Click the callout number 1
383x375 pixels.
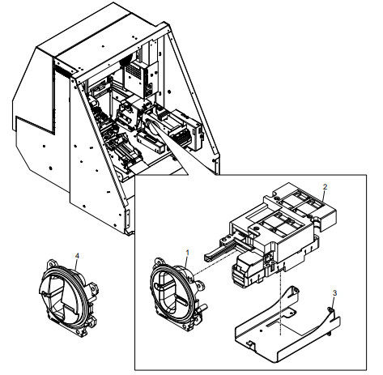[x=188, y=252]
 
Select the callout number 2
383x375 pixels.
[x=325, y=186]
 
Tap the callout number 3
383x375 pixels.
[x=334, y=292]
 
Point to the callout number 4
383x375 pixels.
[x=77, y=255]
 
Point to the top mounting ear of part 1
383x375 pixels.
[x=159, y=262]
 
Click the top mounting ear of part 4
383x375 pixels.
[x=52, y=263]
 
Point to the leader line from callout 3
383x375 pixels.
[x=333, y=303]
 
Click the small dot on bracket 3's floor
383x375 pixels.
[x=261, y=330]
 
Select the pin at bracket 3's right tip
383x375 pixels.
[x=330, y=309]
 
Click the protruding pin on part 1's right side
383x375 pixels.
[x=203, y=308]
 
